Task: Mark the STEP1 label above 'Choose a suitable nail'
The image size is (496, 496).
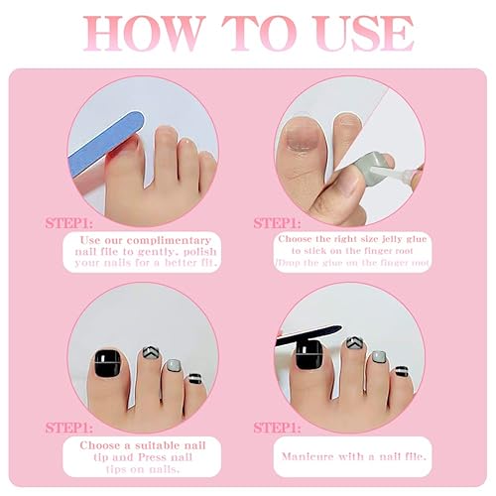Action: click(x=67, y=428)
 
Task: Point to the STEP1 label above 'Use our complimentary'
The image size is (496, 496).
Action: click(x=67, y=223)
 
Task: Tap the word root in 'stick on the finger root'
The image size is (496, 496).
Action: click(x=411, y=255)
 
